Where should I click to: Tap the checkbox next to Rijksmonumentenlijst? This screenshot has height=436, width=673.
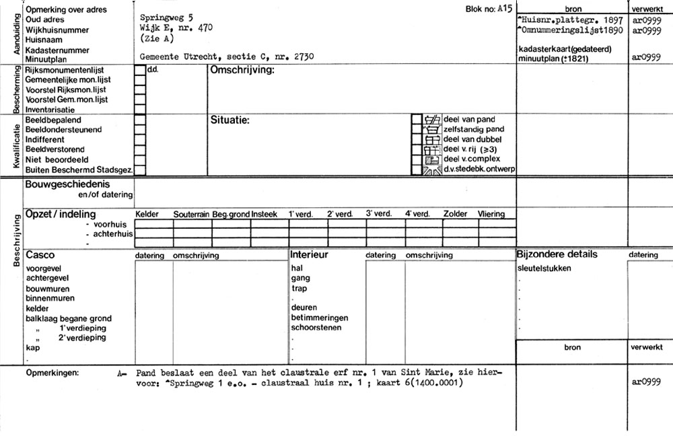coord(140,70)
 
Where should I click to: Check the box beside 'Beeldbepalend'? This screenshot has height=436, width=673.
coord(140,120)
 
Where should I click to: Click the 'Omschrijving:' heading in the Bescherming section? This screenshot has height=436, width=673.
coord(243,71)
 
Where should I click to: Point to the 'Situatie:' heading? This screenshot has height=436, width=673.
coord(230,120)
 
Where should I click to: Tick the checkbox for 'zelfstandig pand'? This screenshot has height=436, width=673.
coord(417,129)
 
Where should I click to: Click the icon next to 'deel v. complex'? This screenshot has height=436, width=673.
coord(431,159)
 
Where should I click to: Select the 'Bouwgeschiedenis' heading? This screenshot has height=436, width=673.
coord(68,184)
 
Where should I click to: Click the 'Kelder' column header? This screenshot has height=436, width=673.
coord(147,215)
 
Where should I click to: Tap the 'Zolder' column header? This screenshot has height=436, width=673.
coord(455,215)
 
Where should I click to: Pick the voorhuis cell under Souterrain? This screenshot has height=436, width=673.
coord(192,225)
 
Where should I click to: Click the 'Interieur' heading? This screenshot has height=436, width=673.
coord(309,255)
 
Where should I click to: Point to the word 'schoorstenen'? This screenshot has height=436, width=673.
coord(316,328)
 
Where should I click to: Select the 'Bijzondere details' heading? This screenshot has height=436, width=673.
coord(557,254)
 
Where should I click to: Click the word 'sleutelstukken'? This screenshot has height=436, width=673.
coord(544,268)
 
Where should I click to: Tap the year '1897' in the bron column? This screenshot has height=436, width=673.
coord(613,21)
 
